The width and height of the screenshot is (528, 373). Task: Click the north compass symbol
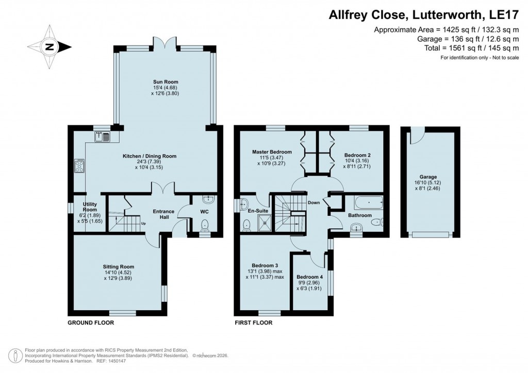pyautogui.click(x=49, y=47)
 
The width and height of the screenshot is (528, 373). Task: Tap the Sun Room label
pyautogui.click(x=165, y=82)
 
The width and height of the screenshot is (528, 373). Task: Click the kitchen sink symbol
pyautogui.click(x=101, y=137)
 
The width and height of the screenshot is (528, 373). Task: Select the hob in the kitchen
pyautogui.click(x=80, y=165)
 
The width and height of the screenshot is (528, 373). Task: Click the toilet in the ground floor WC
pyautogui.click(x=205, y=225)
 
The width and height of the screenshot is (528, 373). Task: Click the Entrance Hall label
pyautogui.click(x=163, y=215)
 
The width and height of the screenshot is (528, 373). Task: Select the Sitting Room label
pyautogui.click(x=118, y=267)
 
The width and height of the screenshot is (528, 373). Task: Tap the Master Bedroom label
pyautogui.click(x=272, y=152)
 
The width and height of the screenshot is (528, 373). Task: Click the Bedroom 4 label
pyautogui.click(x=310, y=276)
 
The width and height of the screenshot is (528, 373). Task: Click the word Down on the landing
pyautogui.click(x=313, y=202)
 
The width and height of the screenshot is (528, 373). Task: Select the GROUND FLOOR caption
pyautogui.click(x=91, y=323)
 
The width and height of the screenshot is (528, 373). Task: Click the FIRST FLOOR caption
pyautogui.click(x=253, y=323)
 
